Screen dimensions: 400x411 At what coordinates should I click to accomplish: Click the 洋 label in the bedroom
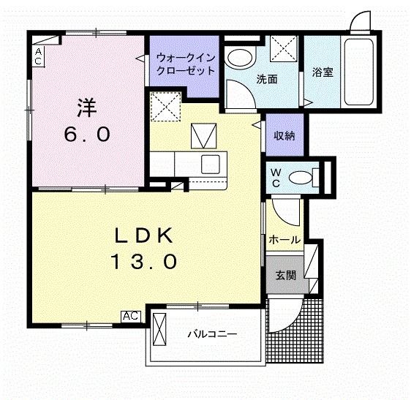tap(87, 107)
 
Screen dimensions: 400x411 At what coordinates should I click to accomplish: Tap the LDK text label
tap(144, 235)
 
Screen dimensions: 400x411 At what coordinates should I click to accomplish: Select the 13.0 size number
tap(144, 261)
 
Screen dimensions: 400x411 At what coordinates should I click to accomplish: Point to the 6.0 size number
tap(87, 135)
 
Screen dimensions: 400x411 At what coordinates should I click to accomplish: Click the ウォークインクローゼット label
tap(184, 65)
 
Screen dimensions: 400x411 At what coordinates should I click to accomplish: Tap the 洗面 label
tap(266, 79)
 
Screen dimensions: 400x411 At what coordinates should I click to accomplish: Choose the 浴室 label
tap(322, 72)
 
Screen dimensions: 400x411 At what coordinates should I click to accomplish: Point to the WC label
tap(276, 178)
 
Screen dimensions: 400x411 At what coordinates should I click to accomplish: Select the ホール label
tap(284, 240)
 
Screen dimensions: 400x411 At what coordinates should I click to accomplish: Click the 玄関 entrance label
tap(285, 275)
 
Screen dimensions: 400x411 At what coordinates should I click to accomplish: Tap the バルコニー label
tap(211, 334)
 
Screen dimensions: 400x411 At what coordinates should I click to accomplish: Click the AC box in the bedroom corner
tap(39, 56)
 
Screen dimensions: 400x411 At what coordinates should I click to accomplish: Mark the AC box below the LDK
tap(130, 316)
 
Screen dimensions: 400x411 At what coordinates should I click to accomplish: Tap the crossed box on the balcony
tap(161, 331)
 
